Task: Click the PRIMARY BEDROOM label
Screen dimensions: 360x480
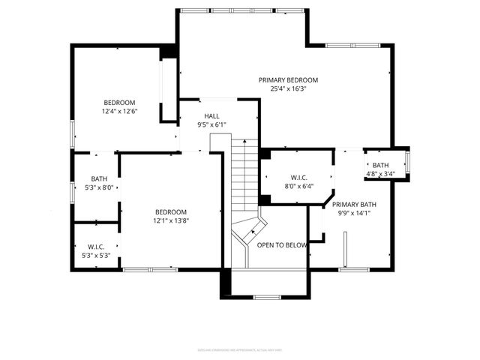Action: coord(288,80)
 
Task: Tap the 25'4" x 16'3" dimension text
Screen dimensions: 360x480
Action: coord(288,88)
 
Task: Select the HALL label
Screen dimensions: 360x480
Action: coord(211,116)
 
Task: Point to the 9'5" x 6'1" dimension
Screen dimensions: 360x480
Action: coord(211,124)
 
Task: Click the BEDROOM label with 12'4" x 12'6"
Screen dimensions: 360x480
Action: coord(119,103)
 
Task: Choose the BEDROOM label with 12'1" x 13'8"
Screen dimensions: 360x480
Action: coord(171,212)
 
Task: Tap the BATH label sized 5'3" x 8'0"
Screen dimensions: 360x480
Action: coord(99,178)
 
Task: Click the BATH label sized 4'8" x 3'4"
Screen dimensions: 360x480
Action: coord(380,166)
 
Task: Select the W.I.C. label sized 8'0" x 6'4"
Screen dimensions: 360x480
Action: coord(298,178)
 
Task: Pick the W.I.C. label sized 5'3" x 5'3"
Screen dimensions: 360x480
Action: coord(95,247)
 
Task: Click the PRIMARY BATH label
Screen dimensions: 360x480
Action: coord(354,204)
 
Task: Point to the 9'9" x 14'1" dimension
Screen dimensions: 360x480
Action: coord(354,212)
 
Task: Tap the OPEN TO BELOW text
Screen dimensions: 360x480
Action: coord(282,245)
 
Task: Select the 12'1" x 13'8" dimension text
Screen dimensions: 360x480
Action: coord(171,220)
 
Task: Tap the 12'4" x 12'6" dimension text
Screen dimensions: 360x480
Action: coord(119,111)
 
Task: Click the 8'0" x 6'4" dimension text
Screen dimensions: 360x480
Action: coord(298,187)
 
